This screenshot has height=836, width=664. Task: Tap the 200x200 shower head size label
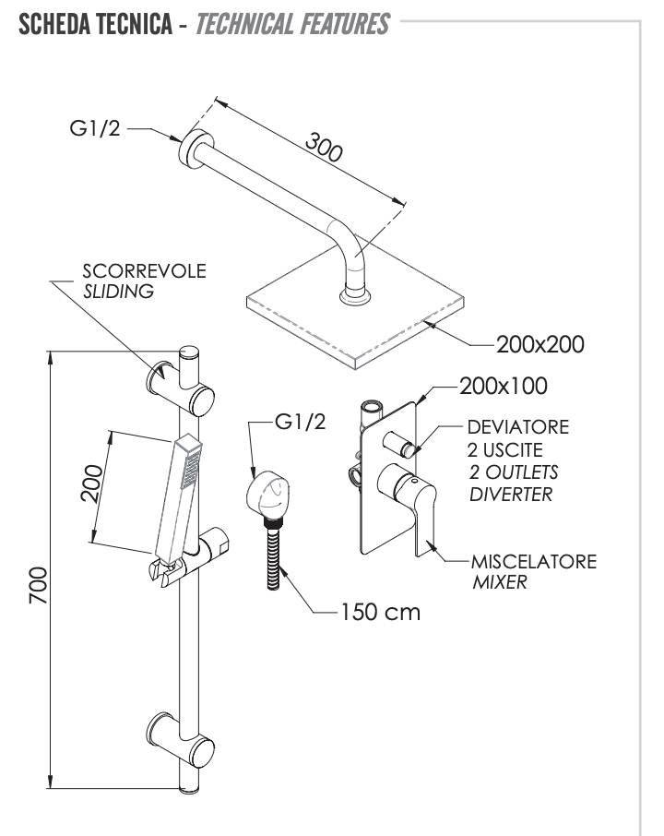point(539,344)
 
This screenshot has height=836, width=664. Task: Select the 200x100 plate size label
point(503,385)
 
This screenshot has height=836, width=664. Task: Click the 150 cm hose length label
point(381,611)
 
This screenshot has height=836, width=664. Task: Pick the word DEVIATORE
point(517,427)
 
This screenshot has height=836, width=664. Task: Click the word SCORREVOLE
point(144,271)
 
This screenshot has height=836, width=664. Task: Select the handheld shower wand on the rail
point(178,498)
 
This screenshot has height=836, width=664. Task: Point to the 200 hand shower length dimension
point(91,483)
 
